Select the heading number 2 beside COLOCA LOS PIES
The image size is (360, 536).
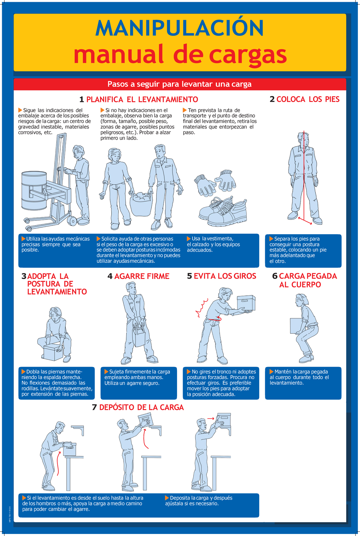pos(272,99)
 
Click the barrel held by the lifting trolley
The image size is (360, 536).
pos(34,190)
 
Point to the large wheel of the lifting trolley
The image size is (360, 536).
pos(73,221)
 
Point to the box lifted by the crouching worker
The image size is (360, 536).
pos(53,352)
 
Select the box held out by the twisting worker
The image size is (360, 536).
pos(246,303)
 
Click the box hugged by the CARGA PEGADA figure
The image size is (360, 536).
pos(297,326)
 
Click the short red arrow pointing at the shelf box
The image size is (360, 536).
pos(211,419)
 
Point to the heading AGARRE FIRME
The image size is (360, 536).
pos(142,276)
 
